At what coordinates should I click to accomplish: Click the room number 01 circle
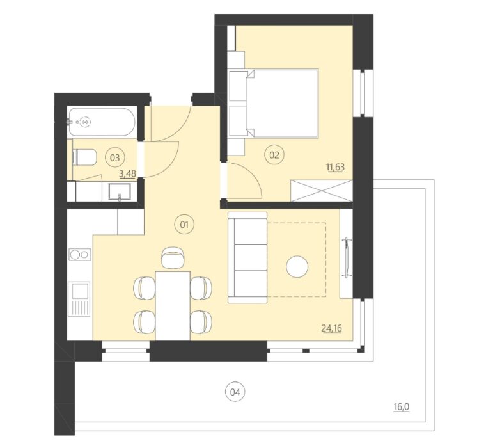(x=184, y=224)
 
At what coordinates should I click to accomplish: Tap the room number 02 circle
(x=274, y=155)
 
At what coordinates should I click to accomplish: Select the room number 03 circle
(x=114, y=157)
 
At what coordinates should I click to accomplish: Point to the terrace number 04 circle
(x=235, y=392)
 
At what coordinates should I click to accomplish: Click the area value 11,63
(x=335, y=167)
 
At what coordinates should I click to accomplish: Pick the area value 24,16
(x=332, y=328)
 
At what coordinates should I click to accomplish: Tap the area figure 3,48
(x=127, y=173)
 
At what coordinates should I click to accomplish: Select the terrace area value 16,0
(x=402, y=407)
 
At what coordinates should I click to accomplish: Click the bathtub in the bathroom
(x=102, y=122)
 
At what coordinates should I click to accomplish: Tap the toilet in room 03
(x=84, y=157)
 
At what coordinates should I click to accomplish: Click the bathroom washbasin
(x=120, y=191)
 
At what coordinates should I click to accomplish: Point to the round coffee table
(x=297, y=266)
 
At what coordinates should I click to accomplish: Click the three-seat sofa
(x=247, y=257)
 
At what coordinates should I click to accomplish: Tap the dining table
(x=173, y=306)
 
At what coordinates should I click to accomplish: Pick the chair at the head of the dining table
(x=173, y=257)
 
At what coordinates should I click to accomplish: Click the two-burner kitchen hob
(x=80, y=254)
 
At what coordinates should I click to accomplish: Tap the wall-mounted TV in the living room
(x=347, y=257)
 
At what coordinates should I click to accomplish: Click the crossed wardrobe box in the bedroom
(x=322, y=191)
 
